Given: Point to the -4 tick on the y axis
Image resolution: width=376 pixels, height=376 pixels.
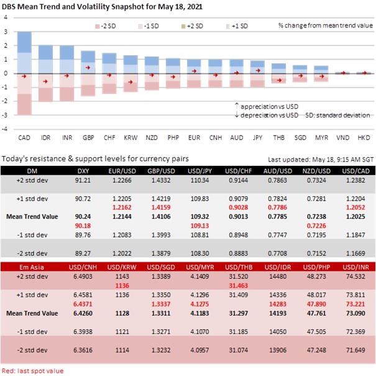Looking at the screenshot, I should click(x=6, y=130).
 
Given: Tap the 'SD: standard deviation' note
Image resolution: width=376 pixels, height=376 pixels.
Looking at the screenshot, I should click(x=339, y=115).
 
